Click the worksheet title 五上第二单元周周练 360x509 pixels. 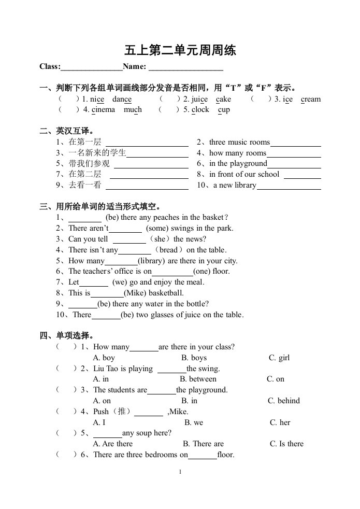tap(180, 51)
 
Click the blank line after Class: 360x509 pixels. tap(92, 67)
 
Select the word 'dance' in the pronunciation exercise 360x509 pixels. tap(122, 99)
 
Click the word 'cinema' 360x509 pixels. tap(103, 109)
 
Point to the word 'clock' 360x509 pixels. tap(200, 109)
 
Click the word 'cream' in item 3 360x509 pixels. tap(311, 99)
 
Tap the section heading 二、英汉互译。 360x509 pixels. tap(67, 131)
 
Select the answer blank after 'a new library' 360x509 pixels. tap(289, 186)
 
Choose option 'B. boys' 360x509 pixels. tap(194, 358)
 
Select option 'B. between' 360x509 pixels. tap(198, 379)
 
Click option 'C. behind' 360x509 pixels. tap(284, 401)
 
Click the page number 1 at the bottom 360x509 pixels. tap(180, 472)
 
